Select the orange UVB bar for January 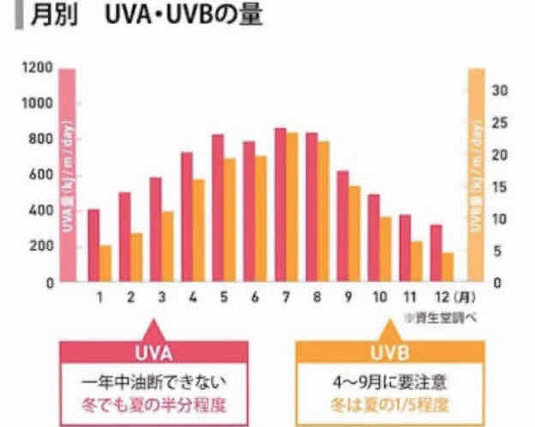tap(105, 263)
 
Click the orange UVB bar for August tap(323, 211)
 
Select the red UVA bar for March tap(156, 229)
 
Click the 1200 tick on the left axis tap(37, 68)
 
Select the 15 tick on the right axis tap(500, 187)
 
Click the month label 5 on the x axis tap(224, 298)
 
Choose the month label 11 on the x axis tap(410, 298)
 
